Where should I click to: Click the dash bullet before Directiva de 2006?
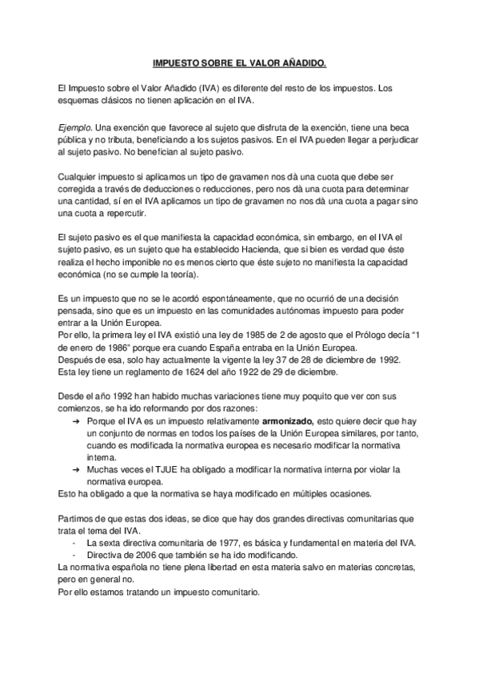[74, 555]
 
